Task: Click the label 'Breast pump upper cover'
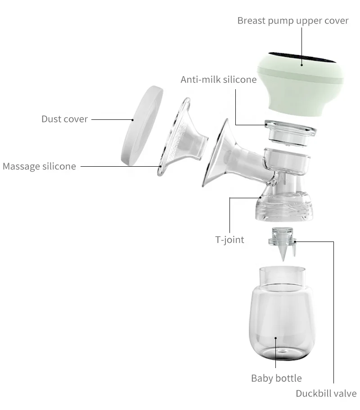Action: pyautogui.click(x=293, y=21)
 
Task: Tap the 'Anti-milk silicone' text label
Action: pyautogui.click(x=218, y=80)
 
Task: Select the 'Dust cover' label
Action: pyautogui.click(x=65, y=119)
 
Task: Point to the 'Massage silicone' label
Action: pyautogui.click(x=39, y=166)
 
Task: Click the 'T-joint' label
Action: pyautogui.click(x=229, y=239)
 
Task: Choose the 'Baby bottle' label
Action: pyautogui.click(x=276, y=378)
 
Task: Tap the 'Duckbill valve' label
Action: pyautogui.click(x=326, y=393)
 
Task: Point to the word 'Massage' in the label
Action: pyautogui.click(x=21, y=166)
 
